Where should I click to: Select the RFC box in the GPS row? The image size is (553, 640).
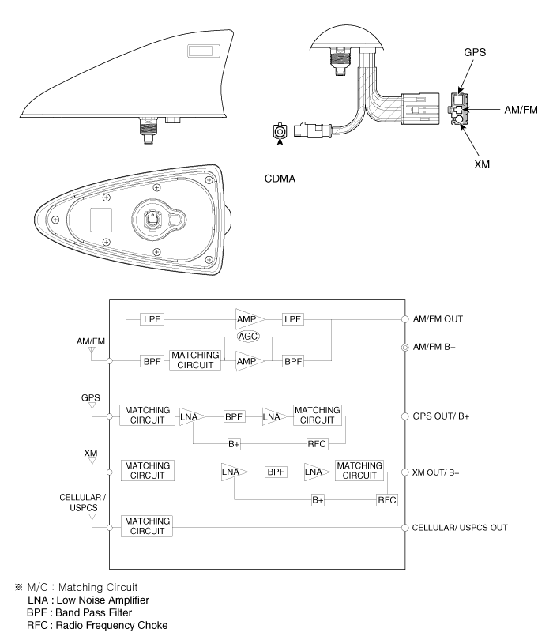click(x=318, y=443)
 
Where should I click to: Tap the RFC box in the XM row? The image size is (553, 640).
click(x=387, y=499)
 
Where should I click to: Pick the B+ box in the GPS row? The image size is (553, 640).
click(x=235, y=443)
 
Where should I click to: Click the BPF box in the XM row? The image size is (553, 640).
click(x=276, y=472)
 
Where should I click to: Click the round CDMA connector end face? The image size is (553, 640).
click(x=278, y=134)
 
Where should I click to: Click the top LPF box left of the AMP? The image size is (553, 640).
click(x=152, y=318)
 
